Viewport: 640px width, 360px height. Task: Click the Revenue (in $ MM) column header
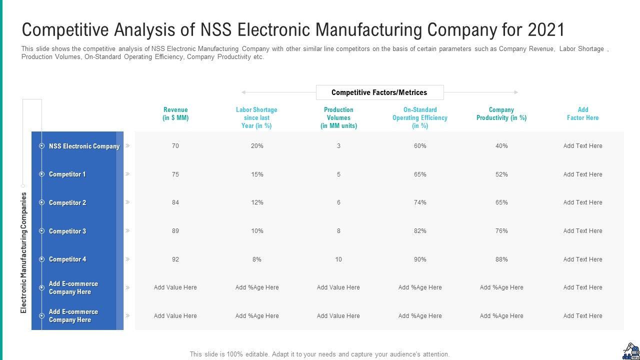click(175, 114)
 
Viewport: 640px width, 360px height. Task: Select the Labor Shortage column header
click(256, 118)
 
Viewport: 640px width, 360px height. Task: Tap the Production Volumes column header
click(338, 118)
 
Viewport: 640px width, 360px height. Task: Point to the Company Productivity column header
click(501, 114)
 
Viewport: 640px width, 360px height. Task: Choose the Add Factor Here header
click(582, 114)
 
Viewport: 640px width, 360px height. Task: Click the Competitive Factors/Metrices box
click(379, 92)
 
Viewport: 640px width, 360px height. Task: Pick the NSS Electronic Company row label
click(84, 146)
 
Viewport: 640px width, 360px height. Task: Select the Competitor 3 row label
click(67, 231)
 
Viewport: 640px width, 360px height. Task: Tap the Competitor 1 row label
click(67, 174)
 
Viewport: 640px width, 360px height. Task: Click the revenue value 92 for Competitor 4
click(175, 259)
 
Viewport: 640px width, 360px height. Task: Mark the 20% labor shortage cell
click(257, 146)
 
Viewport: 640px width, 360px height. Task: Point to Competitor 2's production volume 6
click(338, 202)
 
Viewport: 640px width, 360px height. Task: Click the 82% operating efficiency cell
click(420, 231)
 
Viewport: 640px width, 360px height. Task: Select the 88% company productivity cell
click(501, 259)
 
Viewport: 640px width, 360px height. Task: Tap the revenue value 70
click(175, 146)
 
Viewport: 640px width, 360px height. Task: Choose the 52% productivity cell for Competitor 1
click(501, 174)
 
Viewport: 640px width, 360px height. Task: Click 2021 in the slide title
click(545, 30)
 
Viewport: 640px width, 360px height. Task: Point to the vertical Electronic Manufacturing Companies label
click(24, 252)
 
